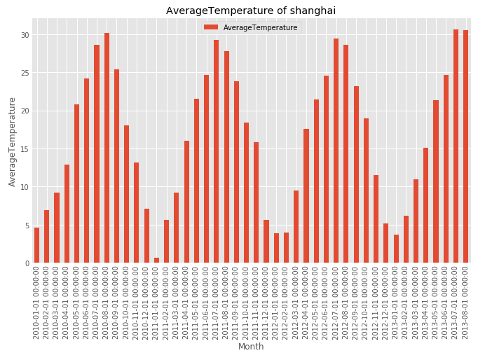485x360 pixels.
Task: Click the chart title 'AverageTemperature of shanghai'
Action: pyautogui.click(x=251, y=11)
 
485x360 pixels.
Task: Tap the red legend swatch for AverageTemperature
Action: pyautogui.click(x=210, y=27)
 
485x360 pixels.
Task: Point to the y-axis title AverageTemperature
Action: pyautogui.click(x=12, y=141)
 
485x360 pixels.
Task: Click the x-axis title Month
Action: pyautogui.click(x=251, y=347)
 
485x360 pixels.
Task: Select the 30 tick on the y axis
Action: pyautogui.click(x=25, y=35)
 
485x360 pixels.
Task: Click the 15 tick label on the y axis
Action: pyautogui.click(x=25, y=149)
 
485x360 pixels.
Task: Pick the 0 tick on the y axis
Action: pyautogui.click(x=27, y=263)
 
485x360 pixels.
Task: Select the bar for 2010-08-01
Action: pyautogui.click(x=107, y=148)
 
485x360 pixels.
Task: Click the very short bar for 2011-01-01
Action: pyautogui.click(x=156, y=261)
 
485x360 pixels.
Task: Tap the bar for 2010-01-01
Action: pyautogui.click(x=36, y=245)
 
